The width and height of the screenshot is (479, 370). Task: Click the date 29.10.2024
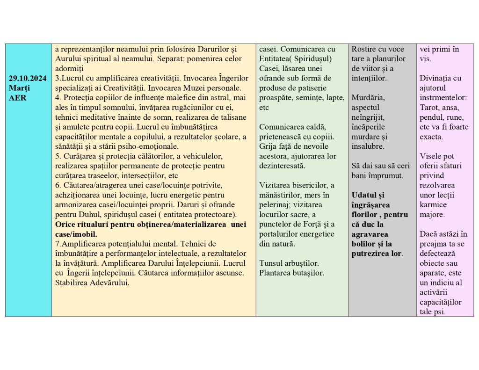(28, 78)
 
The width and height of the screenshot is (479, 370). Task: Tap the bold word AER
(18, 98)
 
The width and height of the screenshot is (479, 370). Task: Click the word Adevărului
(107, 283)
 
